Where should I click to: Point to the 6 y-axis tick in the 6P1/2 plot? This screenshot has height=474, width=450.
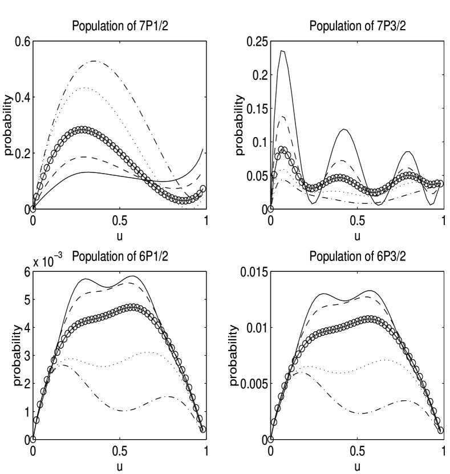(x=27, y=272)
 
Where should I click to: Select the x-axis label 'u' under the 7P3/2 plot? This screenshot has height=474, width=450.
(x=357, y=235)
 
